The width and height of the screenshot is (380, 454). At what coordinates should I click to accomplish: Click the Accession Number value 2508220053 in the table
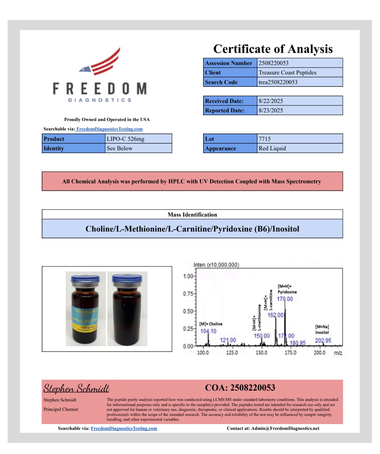(273, 63)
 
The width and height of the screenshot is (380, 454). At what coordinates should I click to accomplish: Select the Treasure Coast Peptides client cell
(287, 72)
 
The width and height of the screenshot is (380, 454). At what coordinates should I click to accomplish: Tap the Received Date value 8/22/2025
(271, 101)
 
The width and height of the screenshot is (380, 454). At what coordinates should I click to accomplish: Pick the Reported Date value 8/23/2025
(271, 110)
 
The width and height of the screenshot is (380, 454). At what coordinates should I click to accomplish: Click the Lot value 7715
(264, 139)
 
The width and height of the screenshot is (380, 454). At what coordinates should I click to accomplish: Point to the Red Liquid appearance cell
(272, 148)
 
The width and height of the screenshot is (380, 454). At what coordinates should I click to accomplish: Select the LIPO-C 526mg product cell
(125, 139)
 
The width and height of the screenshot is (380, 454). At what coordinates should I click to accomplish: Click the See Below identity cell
(120, 148)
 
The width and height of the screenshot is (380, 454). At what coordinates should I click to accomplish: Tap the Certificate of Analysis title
(273, 49)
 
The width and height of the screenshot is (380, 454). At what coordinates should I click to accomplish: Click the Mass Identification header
(192, 215)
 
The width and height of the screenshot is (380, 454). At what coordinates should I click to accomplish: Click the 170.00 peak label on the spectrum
(285, 299)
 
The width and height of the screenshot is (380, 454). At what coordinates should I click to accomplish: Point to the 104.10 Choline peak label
(208, 331)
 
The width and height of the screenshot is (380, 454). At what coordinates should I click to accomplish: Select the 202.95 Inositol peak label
(323, 340)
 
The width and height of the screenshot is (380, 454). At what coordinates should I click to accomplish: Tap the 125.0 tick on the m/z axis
(232, 353)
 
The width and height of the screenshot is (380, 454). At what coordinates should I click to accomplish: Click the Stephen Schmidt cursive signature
(77, 388)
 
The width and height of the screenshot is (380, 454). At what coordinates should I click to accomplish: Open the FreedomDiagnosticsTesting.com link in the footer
(124, 428)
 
